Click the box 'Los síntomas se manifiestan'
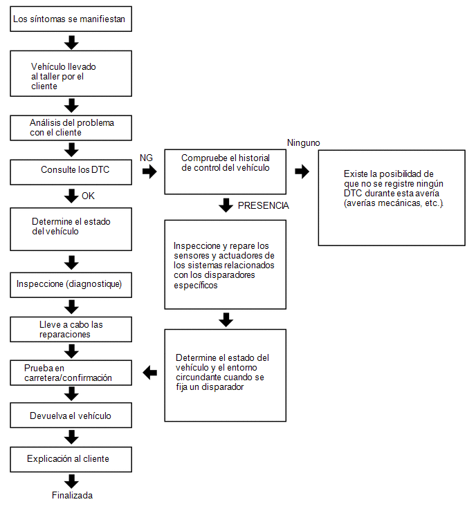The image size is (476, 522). click(71, 19)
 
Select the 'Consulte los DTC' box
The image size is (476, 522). click(71, 172)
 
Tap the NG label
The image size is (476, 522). click(146, 158)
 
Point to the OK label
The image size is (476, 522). click(88, 196)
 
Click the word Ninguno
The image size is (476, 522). click(304, 143)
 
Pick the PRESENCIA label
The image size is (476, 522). click(263, 206)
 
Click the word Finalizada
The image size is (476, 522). click(72, 495)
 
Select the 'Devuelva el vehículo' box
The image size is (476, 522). click(71, 415)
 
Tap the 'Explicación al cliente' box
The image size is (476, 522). click(71, 459)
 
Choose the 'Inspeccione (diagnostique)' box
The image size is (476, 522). click(71, 285)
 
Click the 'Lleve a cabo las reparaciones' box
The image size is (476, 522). click(71, 329)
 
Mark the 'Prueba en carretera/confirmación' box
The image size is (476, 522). click(71, 373)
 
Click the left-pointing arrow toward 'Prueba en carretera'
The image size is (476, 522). click(150, 373)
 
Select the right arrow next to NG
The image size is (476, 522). click(149, 171)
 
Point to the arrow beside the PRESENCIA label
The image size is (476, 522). click(226, 205)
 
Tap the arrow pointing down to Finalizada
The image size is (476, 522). click(71, 481)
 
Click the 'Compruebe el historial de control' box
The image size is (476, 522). click(225, 171)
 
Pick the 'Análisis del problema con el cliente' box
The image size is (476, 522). click(71, 128)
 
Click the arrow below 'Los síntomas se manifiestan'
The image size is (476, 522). click(71, 43)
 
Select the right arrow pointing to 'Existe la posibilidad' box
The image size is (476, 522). click(302, 171)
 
